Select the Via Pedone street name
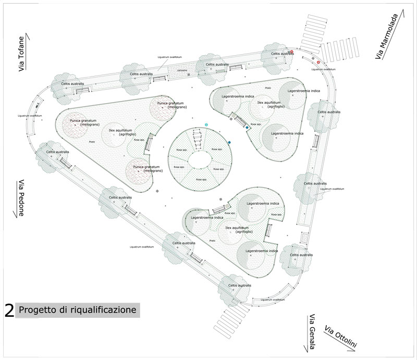coord(22,198)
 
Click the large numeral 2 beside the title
coord(9,311)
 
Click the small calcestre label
coord(182,69)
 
